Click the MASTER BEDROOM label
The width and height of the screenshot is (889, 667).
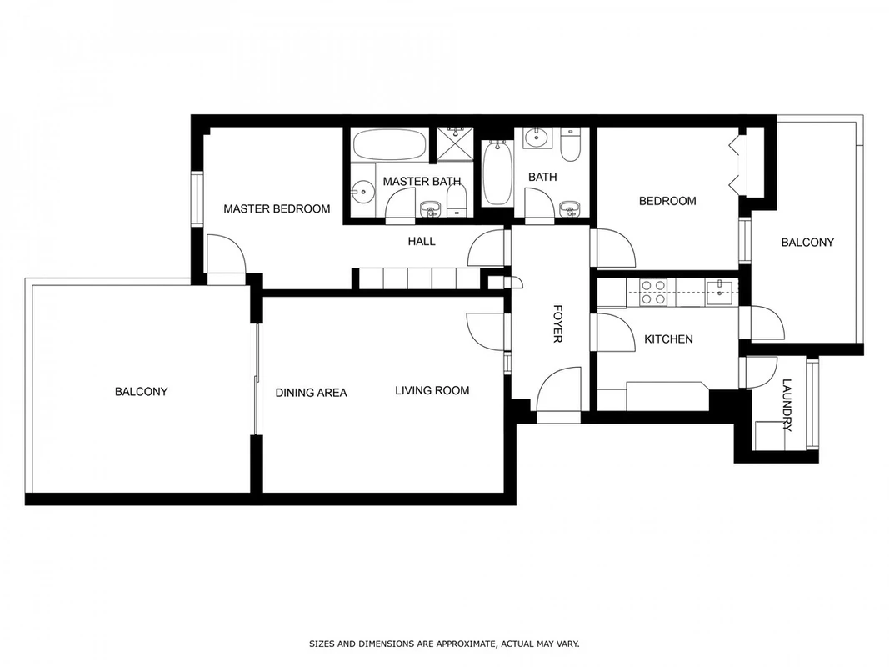[277, 208]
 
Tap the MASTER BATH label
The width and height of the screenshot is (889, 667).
[422, 182]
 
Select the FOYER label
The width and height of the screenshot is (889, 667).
[557, 323]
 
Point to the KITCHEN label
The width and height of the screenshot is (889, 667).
[668, 339]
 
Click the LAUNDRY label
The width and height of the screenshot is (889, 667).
[787, 405]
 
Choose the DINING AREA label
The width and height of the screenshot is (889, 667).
[311, 393]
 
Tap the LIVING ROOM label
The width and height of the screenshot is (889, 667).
[432, 390]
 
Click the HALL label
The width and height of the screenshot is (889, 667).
[422, 242]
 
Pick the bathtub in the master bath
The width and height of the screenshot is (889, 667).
[389, 144]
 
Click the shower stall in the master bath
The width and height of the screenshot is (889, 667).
[454, 143]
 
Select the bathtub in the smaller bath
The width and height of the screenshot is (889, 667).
[497, 173]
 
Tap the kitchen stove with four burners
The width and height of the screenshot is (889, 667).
[652, 292]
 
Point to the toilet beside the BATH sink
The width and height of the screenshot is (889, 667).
[569, 144]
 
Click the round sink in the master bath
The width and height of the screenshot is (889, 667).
[362, 192]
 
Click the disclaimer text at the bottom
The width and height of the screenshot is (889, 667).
[444, 644]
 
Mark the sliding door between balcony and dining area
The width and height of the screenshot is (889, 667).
[257, 379]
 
